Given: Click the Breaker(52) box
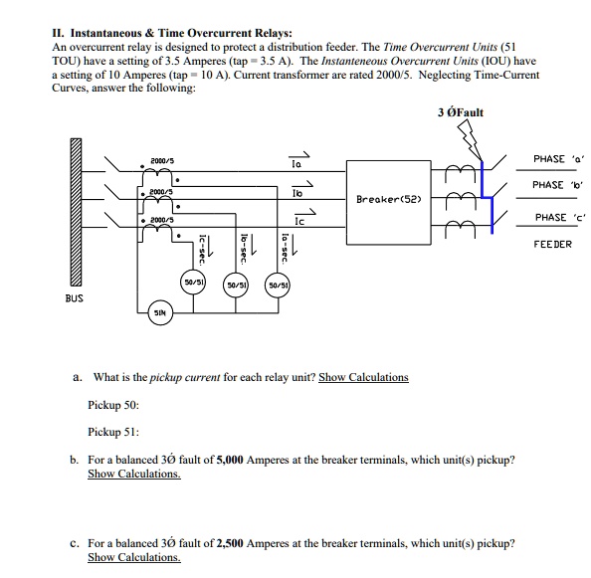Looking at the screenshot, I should (x=394, y=198).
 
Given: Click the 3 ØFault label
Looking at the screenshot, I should (x=460, y=111).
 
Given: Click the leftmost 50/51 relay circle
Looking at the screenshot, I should (x=194, y=284).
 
